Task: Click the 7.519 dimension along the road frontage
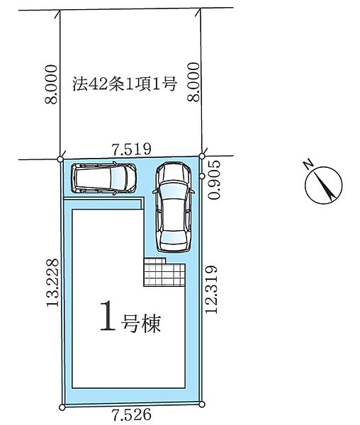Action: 132,149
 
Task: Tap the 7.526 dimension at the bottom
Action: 132,414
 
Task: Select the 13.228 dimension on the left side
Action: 52,283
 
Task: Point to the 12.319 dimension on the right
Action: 211,289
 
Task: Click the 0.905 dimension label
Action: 215,179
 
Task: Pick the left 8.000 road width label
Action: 52,84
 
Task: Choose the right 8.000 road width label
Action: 194,82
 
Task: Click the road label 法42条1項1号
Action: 125,84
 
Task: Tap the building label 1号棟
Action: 130,316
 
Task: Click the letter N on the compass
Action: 308,164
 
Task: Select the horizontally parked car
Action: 103,178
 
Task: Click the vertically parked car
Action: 174,207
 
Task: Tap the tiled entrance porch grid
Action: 164,272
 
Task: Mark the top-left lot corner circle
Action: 61,159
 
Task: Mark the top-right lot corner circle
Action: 202,156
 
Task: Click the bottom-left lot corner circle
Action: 62,407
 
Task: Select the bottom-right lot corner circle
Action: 202,404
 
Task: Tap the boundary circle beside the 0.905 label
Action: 202,176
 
